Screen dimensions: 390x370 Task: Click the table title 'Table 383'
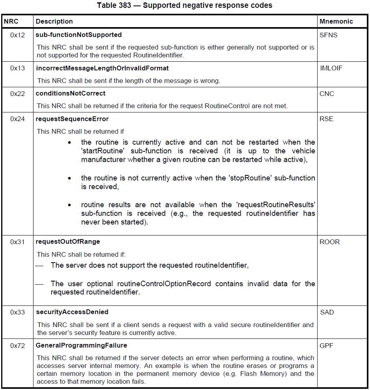(184, 6)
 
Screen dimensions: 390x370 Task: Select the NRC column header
(11, 21)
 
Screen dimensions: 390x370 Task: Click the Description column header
(54, 21)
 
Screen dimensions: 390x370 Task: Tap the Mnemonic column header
(336, 21)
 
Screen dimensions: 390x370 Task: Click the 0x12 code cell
(18, 35)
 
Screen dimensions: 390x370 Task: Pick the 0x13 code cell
(18, 68)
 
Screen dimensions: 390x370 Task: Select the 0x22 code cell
(18, 94)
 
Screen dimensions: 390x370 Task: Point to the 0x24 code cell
(18, 119)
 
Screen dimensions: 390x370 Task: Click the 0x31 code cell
(18, 242)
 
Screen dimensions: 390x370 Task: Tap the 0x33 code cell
(18, 312)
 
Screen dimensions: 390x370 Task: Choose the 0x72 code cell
(18, 346)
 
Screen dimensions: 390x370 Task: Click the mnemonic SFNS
(329, 35)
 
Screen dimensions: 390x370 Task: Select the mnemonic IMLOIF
(331, 68)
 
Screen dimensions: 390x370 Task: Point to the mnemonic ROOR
(329, 242)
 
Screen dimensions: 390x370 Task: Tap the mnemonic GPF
(327, 346)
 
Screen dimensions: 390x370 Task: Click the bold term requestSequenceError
(72, 119)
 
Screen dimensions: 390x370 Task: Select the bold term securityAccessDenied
(72, 312)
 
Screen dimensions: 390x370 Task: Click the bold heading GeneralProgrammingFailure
(82, 346)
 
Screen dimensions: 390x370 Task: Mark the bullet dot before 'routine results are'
(70, 205)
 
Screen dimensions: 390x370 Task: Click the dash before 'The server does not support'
(39, 265)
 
